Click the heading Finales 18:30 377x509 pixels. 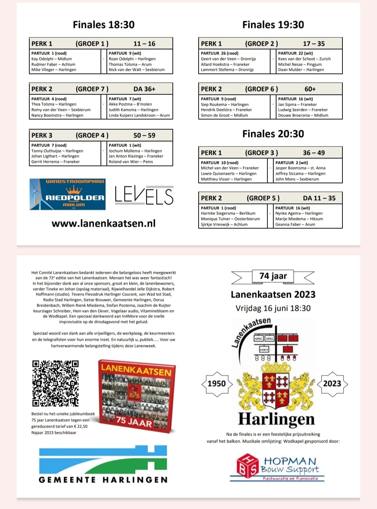point(104,25)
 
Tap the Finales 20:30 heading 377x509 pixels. point(273,134)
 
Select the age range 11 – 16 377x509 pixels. point(144,44)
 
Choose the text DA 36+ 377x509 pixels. point(144,89)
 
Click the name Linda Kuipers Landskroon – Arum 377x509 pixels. point(139,115)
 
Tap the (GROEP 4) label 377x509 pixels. point(92,135)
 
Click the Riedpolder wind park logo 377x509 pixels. point(68,195)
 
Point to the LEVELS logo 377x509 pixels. point(144,195)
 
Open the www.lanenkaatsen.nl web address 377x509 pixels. point(104,223)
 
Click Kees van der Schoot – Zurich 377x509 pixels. point(304,59)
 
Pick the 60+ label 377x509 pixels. point(310,89)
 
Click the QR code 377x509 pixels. point(56,383)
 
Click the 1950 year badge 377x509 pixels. point(216,383)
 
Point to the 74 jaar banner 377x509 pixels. point(273,276)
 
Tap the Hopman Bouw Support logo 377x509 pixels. point(277,468)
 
